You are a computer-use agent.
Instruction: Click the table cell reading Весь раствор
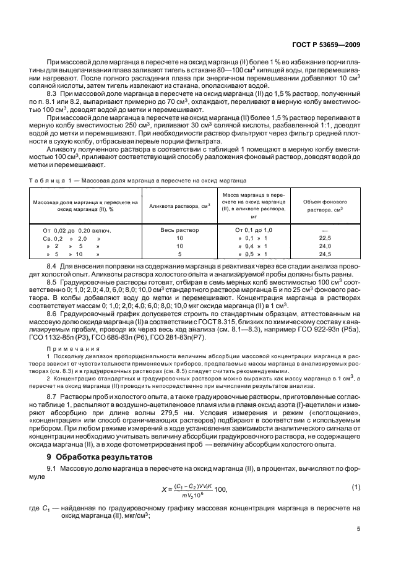pos(179,230)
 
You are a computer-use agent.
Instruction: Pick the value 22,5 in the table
pos(325,238)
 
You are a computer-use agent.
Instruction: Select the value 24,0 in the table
pos(325,246)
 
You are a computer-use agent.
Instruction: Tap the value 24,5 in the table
pos(325,254)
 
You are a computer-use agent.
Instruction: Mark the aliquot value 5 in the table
pos(179,254)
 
